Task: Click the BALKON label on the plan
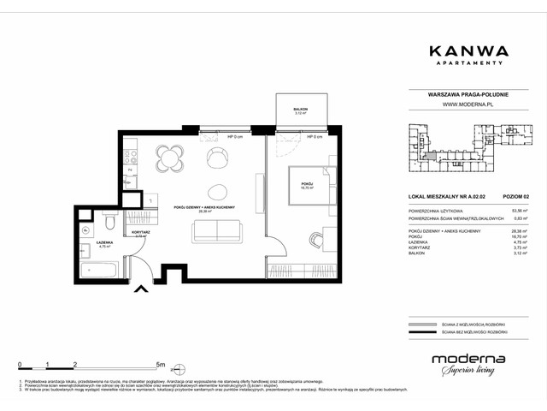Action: click(x=299, y=109)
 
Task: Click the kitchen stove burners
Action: click(x=130, y=157)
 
